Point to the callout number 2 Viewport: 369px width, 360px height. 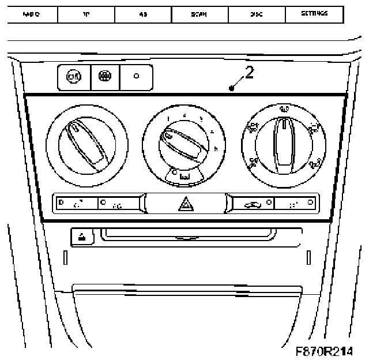pos(248,74)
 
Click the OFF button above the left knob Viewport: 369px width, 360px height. pos(74,77)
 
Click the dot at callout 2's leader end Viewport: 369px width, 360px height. pos(231,88)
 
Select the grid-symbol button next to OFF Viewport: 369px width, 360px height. pos(105,77)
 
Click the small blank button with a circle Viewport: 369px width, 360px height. pos(136,77)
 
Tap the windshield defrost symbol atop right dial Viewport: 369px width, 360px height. pos(283,109)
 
